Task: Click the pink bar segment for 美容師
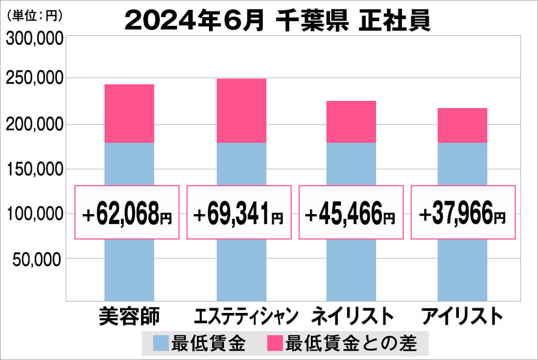(129, 113)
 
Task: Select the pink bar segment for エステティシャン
(241, 111)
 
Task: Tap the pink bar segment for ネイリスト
(351, 122)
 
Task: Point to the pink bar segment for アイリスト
(462, 125)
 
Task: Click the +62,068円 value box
(127, 213)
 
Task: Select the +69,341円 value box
(240, 213)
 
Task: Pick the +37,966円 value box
(463, 213)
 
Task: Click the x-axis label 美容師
(129, 316)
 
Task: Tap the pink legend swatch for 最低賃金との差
(275, 342)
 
